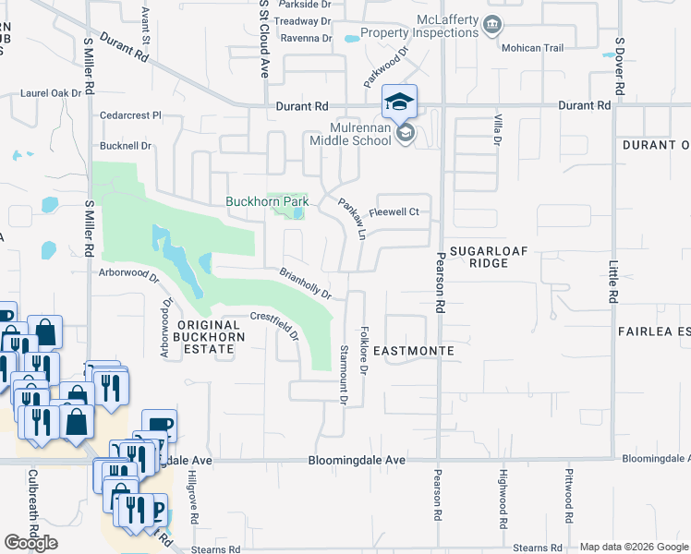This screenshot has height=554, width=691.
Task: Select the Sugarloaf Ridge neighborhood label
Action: [479, 256]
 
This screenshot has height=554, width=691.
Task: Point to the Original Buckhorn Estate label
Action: [208, 337]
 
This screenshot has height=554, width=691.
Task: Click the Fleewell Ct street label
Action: [394, 212]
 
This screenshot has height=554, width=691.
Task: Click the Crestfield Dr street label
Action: [276, 326]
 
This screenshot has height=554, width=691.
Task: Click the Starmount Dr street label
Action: [343, 375]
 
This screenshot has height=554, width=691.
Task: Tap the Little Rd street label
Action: [612, 282]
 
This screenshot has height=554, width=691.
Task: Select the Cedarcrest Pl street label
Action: [131, 116]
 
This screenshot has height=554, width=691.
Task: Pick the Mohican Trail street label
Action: [530, 48]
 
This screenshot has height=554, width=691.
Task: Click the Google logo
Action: [31, 544]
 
